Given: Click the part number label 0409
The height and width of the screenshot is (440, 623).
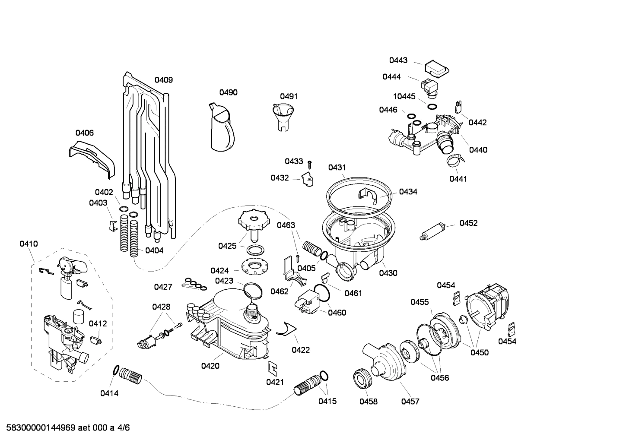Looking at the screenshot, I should pyautogui.click(x=164, y=80).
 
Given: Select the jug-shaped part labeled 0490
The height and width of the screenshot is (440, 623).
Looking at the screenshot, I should pyautogui.click(x=222, y=128).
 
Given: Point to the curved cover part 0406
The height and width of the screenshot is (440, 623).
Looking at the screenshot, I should pyautogui.click(x=92, y=158).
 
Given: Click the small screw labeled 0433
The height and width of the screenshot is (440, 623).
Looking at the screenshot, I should pyautogui.click(x=310, y=164).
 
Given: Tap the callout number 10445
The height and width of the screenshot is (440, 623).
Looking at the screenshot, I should pyautogui.click(x=404, y=96).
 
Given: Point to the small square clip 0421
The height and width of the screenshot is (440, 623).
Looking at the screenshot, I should pyautogui.click(x=273, y=367).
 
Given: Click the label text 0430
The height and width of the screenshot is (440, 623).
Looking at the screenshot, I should pyautogui.click(x=388, y=273).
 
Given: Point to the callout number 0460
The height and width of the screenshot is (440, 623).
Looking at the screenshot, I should pyautogui.click(x=337, y=313).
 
